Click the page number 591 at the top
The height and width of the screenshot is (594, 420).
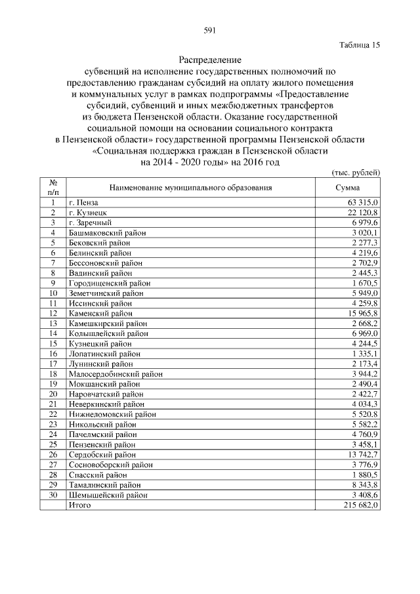(210, 30)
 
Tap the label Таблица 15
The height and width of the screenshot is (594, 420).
(360, 45)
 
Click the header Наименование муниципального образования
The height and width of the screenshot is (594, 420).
(190, 188)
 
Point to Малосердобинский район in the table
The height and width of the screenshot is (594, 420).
(115, 374)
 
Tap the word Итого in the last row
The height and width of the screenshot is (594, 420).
(79, 505)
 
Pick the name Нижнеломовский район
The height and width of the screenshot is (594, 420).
(112, 415)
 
